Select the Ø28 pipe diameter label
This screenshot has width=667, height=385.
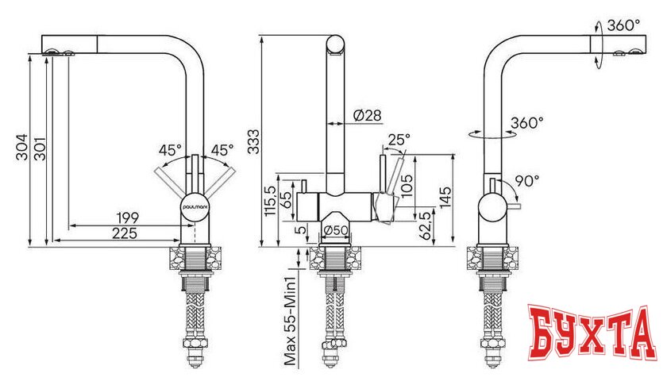367,116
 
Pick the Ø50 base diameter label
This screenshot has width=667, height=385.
336,231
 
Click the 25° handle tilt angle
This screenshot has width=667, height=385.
398,140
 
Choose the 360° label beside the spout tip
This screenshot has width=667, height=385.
623,25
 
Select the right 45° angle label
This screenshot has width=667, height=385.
222,149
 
